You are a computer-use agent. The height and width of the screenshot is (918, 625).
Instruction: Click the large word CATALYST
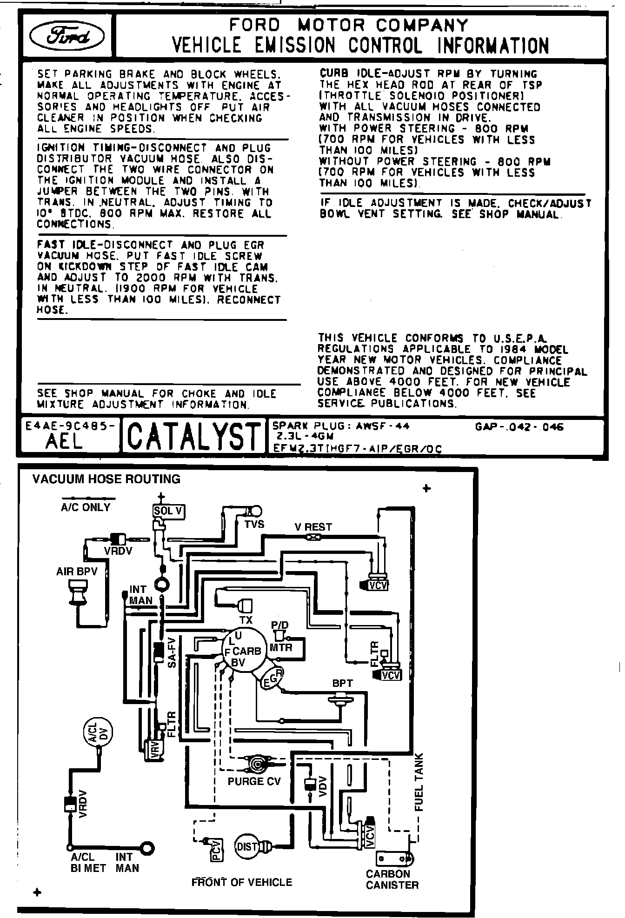193,435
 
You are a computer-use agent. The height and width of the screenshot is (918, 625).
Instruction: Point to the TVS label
254,524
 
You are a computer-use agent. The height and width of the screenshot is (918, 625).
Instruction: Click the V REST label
313,527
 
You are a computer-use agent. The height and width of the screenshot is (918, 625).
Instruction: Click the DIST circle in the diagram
247,847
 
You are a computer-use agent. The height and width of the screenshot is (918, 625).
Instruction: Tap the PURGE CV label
254,781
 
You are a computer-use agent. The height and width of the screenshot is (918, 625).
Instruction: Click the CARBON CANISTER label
392,879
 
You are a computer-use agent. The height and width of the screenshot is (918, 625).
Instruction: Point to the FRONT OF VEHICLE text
242,882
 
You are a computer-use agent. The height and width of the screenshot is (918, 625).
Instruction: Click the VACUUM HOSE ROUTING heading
106,479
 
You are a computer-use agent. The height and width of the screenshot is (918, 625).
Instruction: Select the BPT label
342,684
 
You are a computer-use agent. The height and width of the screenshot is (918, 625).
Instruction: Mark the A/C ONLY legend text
86,507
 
